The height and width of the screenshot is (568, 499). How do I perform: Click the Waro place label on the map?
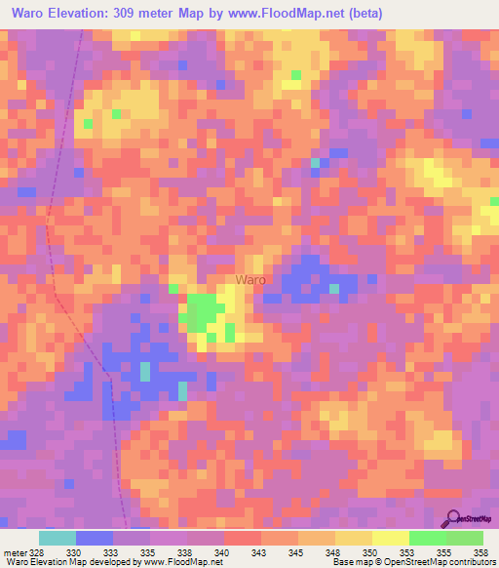(x=250, y=280)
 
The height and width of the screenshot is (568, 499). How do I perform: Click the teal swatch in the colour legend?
(x=57, y=538)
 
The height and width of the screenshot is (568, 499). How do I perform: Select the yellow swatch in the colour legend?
(x=390, y=538)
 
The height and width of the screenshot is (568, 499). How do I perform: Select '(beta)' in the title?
(x=360, y=14)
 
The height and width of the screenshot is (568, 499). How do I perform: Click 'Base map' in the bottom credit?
(x=353, y=563)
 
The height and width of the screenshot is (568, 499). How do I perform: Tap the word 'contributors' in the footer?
(x=472, y=563)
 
